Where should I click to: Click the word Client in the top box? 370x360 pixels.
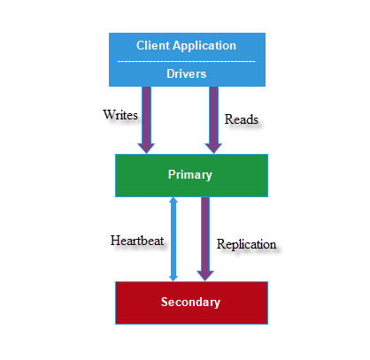[x=152, y=45]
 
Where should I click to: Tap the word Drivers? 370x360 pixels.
[x=186, y=73]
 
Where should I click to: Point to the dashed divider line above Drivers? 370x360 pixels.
[x=187, y=61]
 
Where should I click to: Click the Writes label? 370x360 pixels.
[x=120, y=115]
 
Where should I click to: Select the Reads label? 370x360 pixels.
[x=242, y=119]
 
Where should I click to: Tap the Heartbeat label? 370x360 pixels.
[x=137, y=241]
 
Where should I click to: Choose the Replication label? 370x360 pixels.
[x=246, y=244]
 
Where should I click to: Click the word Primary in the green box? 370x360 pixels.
[x=190, y=175]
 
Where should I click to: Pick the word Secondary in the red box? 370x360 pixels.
[x=190, y=303]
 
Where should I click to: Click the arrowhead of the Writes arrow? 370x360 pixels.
[x=146, y=149]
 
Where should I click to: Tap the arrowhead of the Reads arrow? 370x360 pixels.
[x=213, y=149]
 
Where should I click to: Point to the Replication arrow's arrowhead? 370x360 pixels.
[x=205, y=276]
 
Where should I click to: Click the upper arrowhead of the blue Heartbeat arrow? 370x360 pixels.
[x=173, y=200]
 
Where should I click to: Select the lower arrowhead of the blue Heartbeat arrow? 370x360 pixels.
[x=173, y=278]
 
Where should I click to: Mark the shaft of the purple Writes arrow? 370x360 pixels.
[x=147, y=115]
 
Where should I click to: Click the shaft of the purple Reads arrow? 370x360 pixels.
[x=213, y=115]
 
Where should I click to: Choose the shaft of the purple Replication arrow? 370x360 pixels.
[x=205, y=234]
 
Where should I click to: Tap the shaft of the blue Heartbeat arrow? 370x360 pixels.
[x=173, y=239]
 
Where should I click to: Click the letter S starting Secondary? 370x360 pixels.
[x=165, y=302]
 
